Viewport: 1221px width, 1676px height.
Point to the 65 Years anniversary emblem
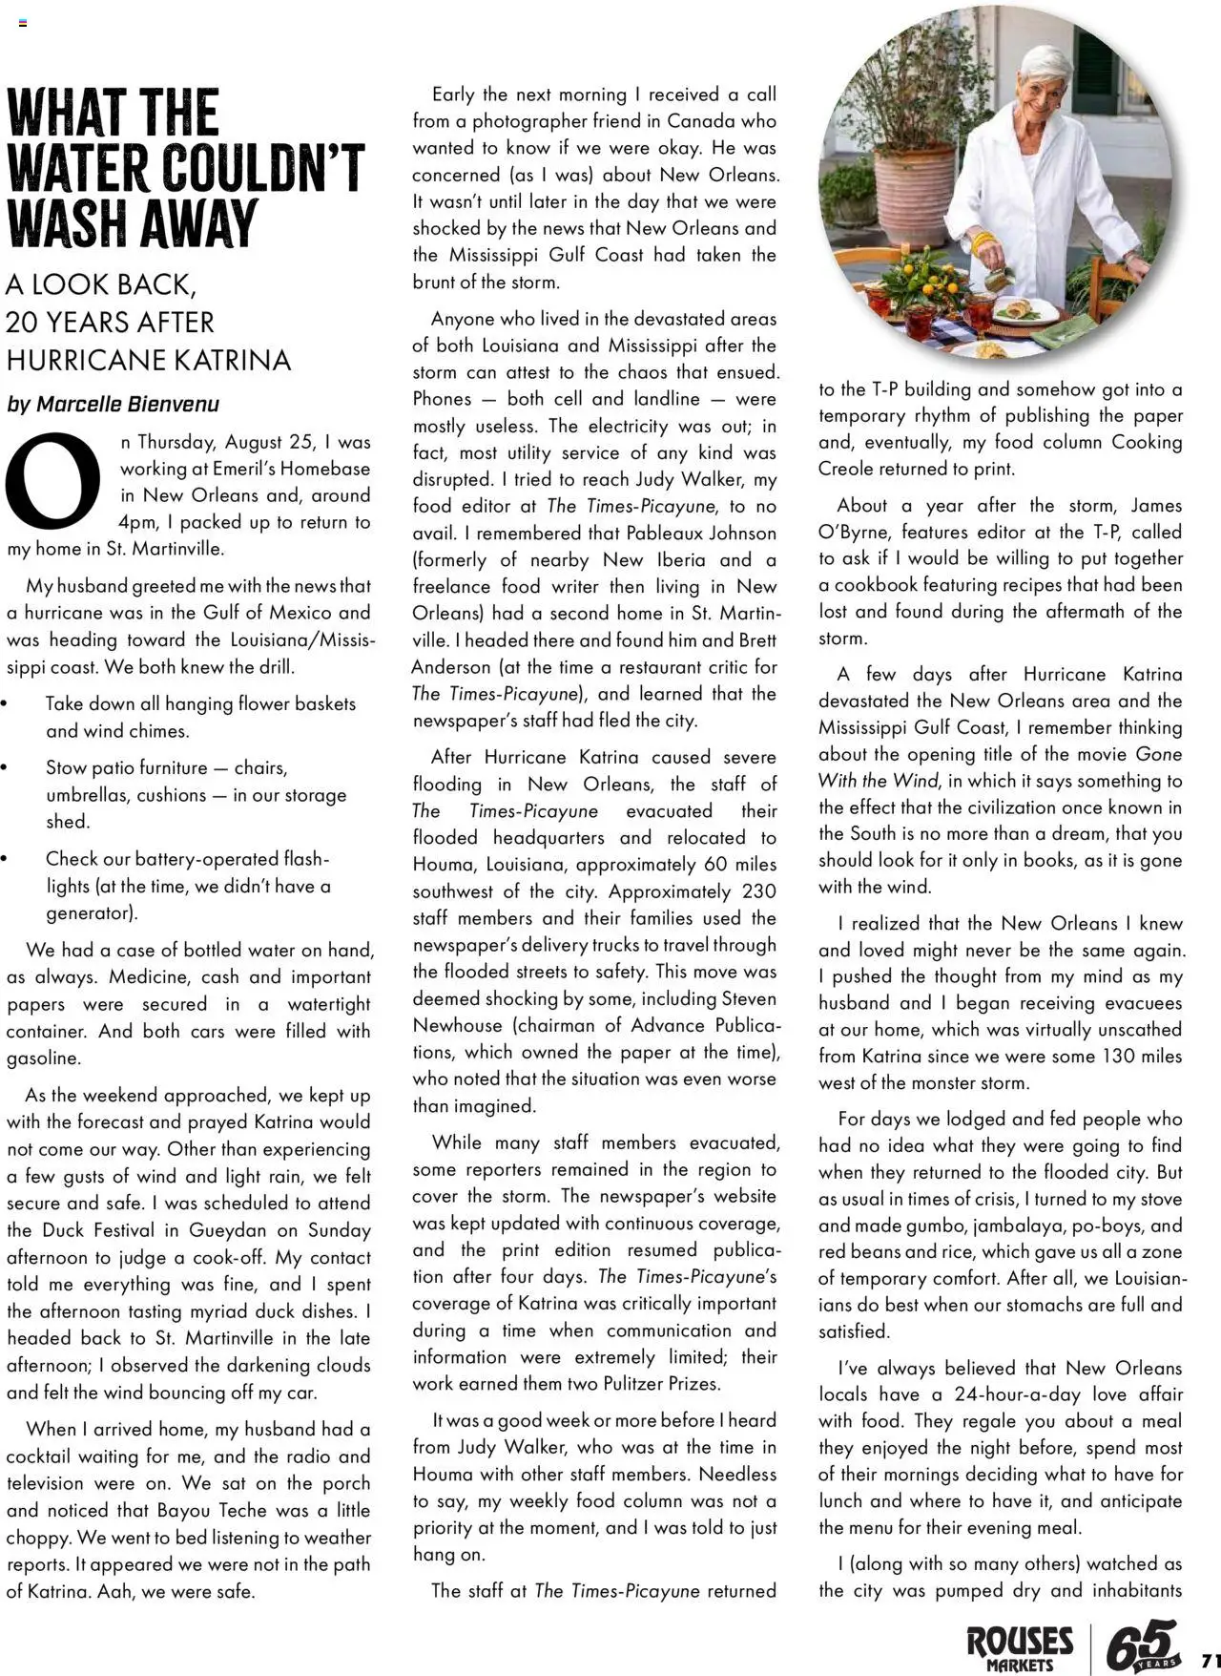click(x=1142, y=1645)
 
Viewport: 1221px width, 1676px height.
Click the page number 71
click(x=1210, y=1658)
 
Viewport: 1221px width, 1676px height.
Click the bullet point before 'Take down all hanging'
click(x=5, y=704)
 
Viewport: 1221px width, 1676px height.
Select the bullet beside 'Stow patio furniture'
click(x=5, y=768)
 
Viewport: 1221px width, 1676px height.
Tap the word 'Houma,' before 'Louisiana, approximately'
click(x=445, y=865)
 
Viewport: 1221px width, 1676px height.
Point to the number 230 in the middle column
click(x=759, y=891)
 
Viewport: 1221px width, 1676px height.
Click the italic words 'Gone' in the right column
click(x=1159, y=754)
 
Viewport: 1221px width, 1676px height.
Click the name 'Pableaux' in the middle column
click(x=685, y=533)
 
